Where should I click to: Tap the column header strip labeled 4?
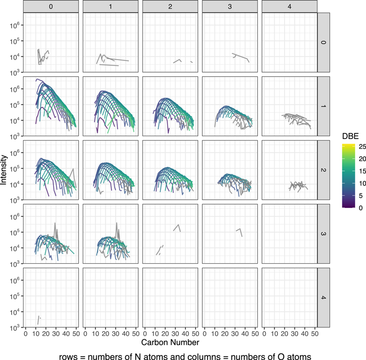[x=289, y=7]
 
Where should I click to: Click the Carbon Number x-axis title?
[x=171, y=341]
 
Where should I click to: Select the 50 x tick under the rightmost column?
[x=314, y=333]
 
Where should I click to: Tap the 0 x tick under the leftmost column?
[x=26, y=333]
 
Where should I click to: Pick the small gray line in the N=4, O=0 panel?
[x=38, y=320]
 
